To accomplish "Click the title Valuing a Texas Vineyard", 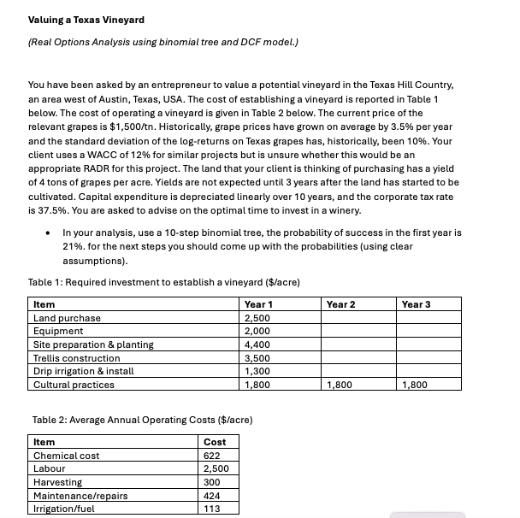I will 86,20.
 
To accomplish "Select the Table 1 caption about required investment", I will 163,282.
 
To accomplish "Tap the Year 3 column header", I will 417,303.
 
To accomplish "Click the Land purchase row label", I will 67,318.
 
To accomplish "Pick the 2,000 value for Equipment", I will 257,331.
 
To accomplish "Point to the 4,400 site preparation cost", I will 257,344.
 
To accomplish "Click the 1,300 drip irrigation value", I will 257,371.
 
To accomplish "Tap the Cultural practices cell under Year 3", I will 417,385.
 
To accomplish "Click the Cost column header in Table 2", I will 216,442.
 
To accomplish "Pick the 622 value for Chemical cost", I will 213,456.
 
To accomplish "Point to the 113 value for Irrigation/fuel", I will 213,509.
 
